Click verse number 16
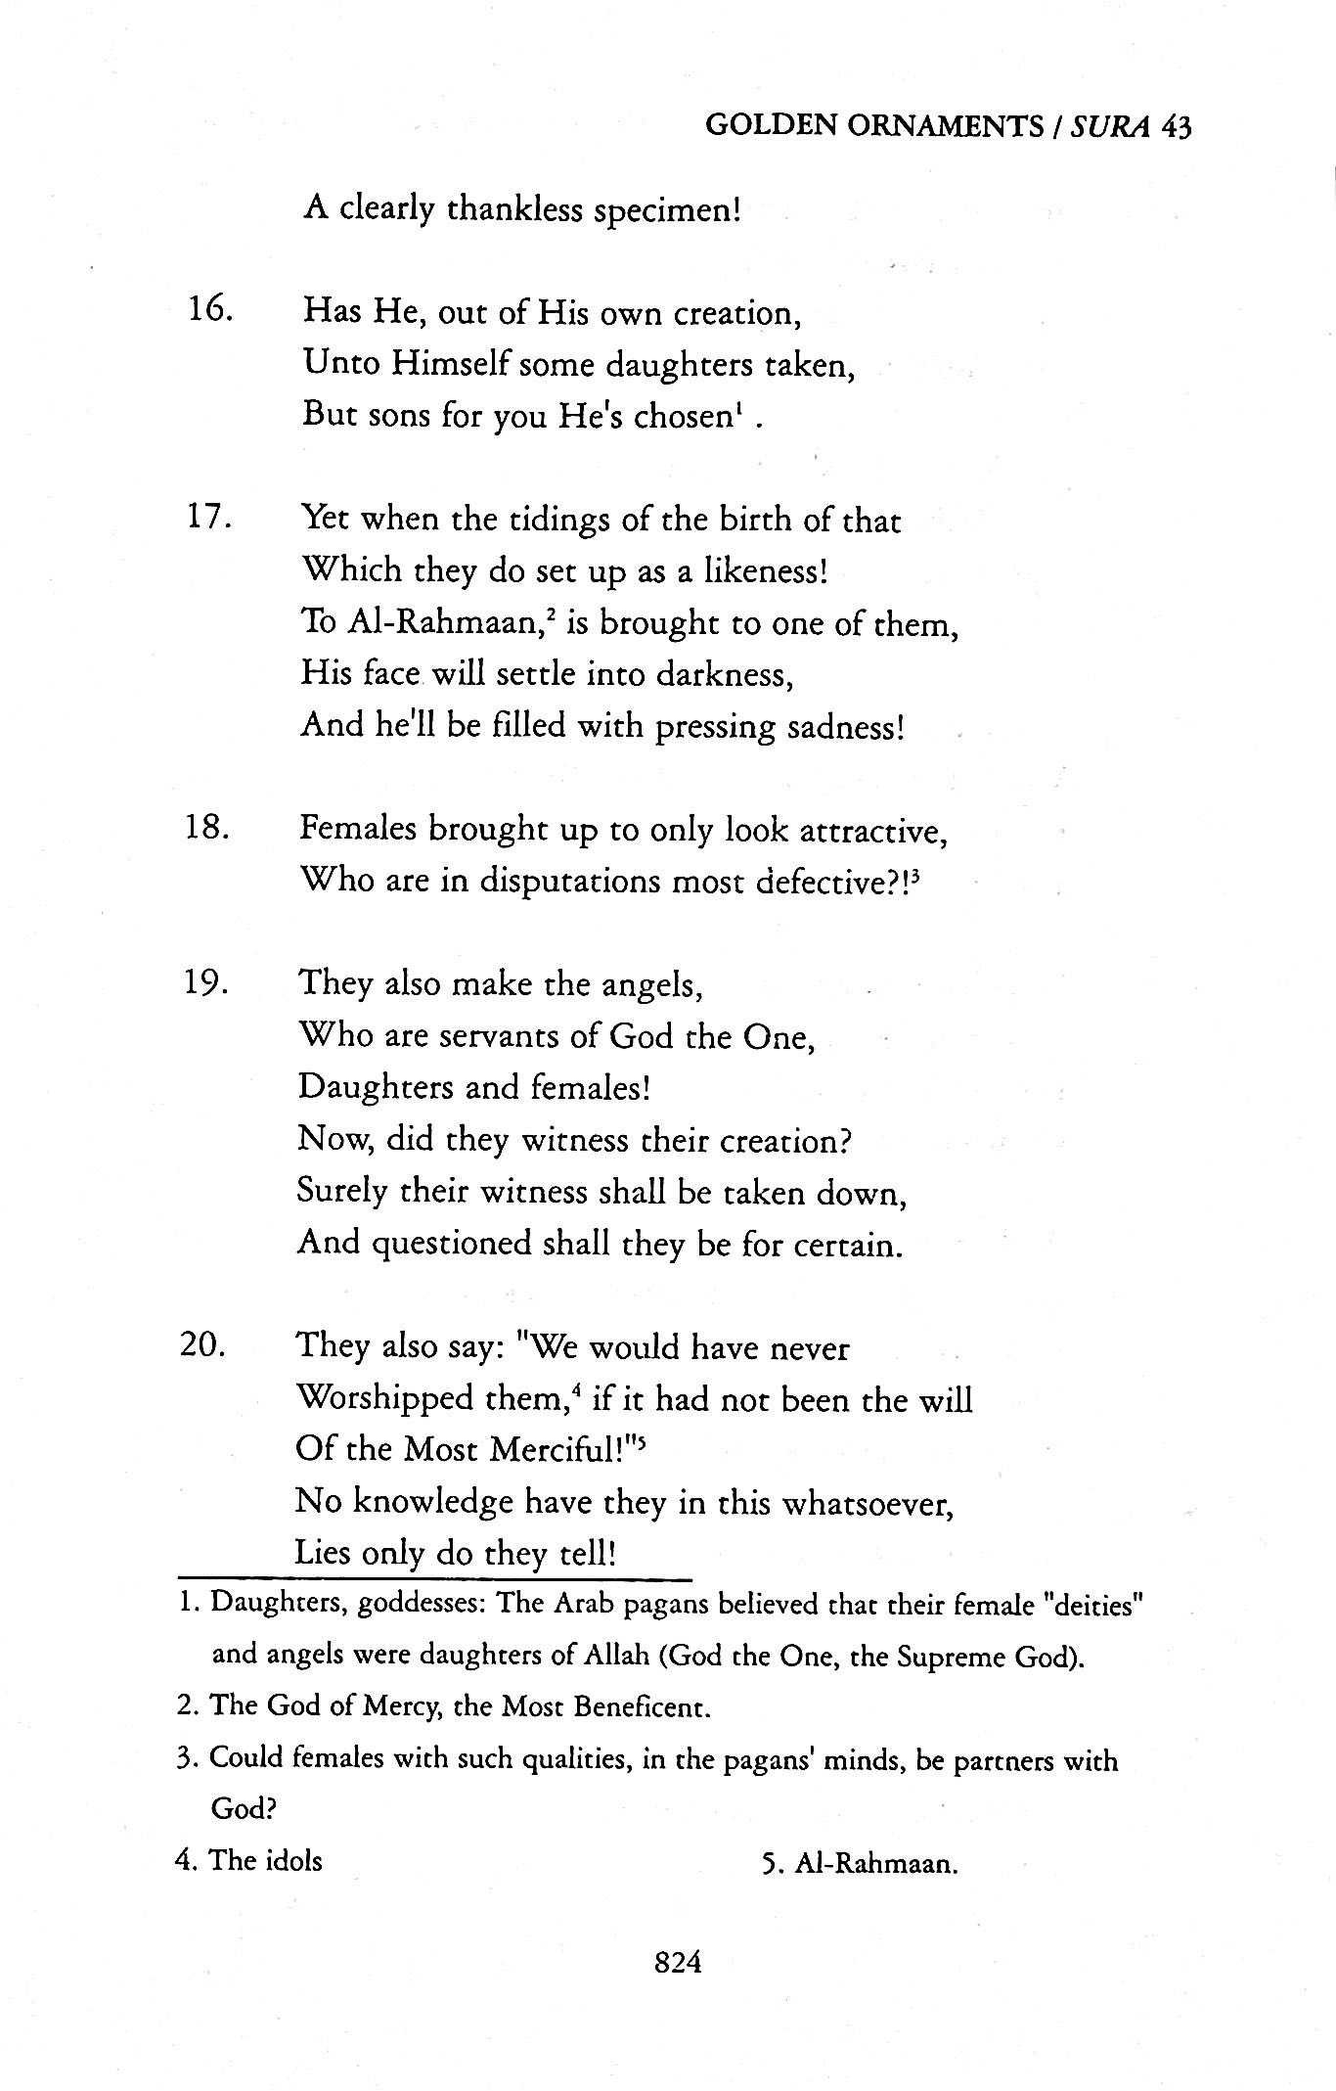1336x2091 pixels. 208,312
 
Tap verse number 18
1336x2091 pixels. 206,829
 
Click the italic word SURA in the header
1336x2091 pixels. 1109,127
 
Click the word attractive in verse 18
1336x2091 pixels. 872,831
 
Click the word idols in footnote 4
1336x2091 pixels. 293,1860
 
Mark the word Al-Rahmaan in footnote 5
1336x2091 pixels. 874,1863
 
